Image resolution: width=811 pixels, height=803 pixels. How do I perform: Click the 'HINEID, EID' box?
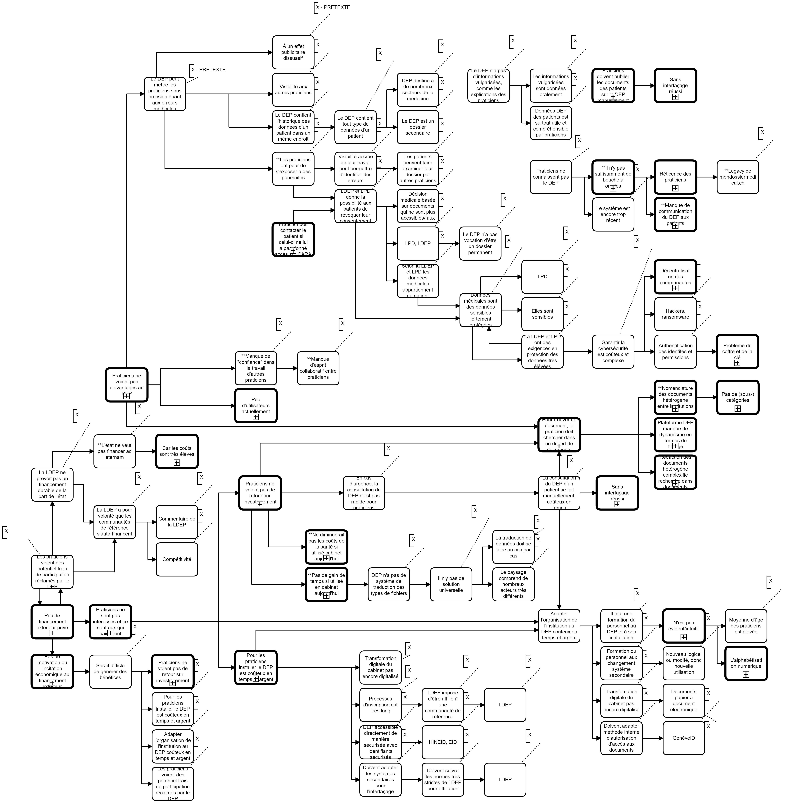click(442, 742)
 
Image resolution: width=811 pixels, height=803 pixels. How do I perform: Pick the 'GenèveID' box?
click(683, 738)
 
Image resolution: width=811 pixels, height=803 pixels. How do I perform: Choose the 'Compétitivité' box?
click(177, 559)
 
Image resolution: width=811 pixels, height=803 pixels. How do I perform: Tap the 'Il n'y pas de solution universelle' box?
click(451, 584)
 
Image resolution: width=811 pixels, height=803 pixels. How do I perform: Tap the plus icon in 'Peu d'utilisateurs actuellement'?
click(256, 417)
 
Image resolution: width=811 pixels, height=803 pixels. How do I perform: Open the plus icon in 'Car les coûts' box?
click(177, 462)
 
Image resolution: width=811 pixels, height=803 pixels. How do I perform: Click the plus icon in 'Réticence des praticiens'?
click(675, 188)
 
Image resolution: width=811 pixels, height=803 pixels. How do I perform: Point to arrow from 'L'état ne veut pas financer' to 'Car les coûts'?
click(146, 452)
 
